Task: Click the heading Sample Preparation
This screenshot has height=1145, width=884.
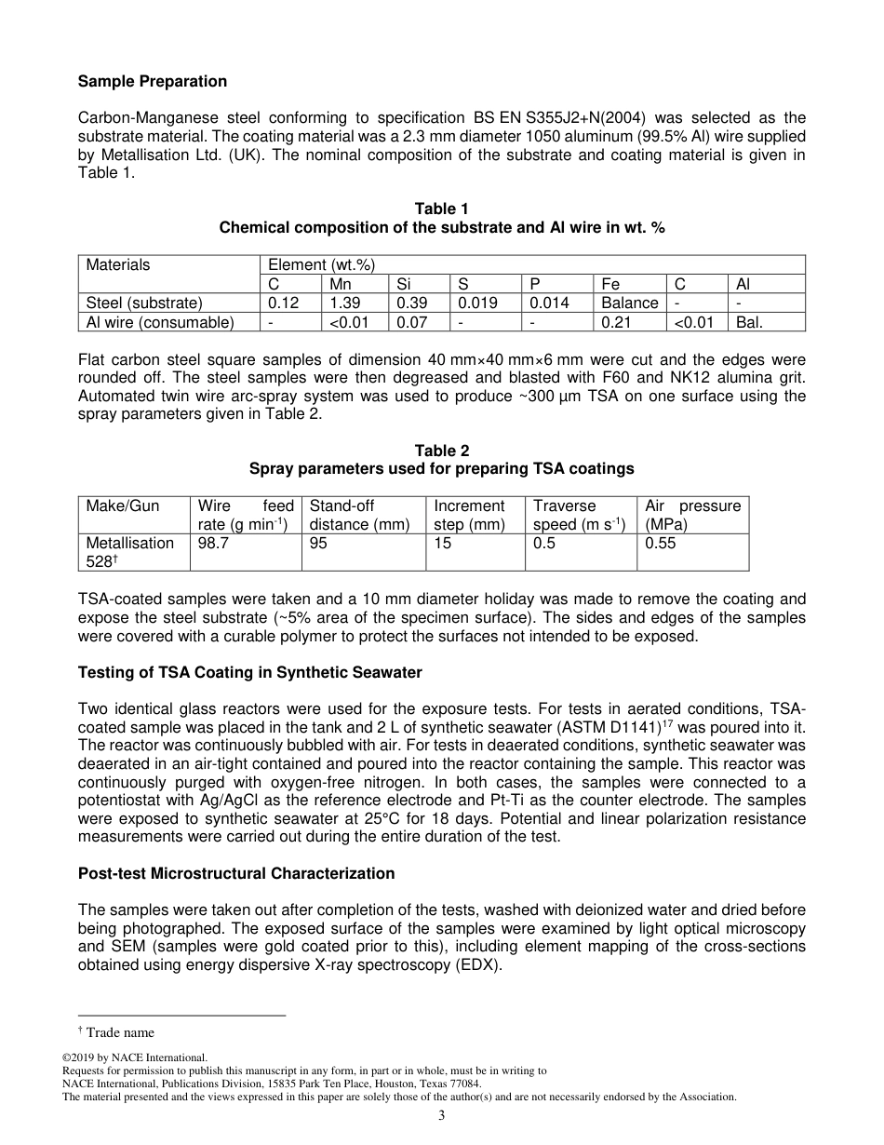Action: (x=152, y=81)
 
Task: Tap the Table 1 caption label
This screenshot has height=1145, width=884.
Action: (x=441, y=209)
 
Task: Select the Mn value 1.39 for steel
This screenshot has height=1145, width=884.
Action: (x=345, y=303)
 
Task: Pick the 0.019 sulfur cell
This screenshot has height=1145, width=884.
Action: (x=477, y=303)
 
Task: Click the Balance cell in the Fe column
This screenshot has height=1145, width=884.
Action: (x=629, y=303)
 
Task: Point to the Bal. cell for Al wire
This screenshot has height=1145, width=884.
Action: (x=756, y=322)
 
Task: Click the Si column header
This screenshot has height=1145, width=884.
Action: (x=404, y=284)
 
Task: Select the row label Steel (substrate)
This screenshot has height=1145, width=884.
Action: (x=144, y=303)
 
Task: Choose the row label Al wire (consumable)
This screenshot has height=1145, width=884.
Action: (x=159, y=322)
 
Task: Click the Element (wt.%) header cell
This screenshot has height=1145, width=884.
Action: (x=321, y=264)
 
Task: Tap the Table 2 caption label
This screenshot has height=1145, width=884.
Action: (x=441, y=451)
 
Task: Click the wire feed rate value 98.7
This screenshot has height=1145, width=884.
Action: (x=213, y=543)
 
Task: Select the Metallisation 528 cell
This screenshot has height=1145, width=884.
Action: (x=130, y=552)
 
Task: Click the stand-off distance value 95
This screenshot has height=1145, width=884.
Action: (x=318, y=543)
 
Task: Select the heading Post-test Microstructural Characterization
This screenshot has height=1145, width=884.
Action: (x=236, y=873)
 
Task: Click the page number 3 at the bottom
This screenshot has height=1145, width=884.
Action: (x=442, y=1116)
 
